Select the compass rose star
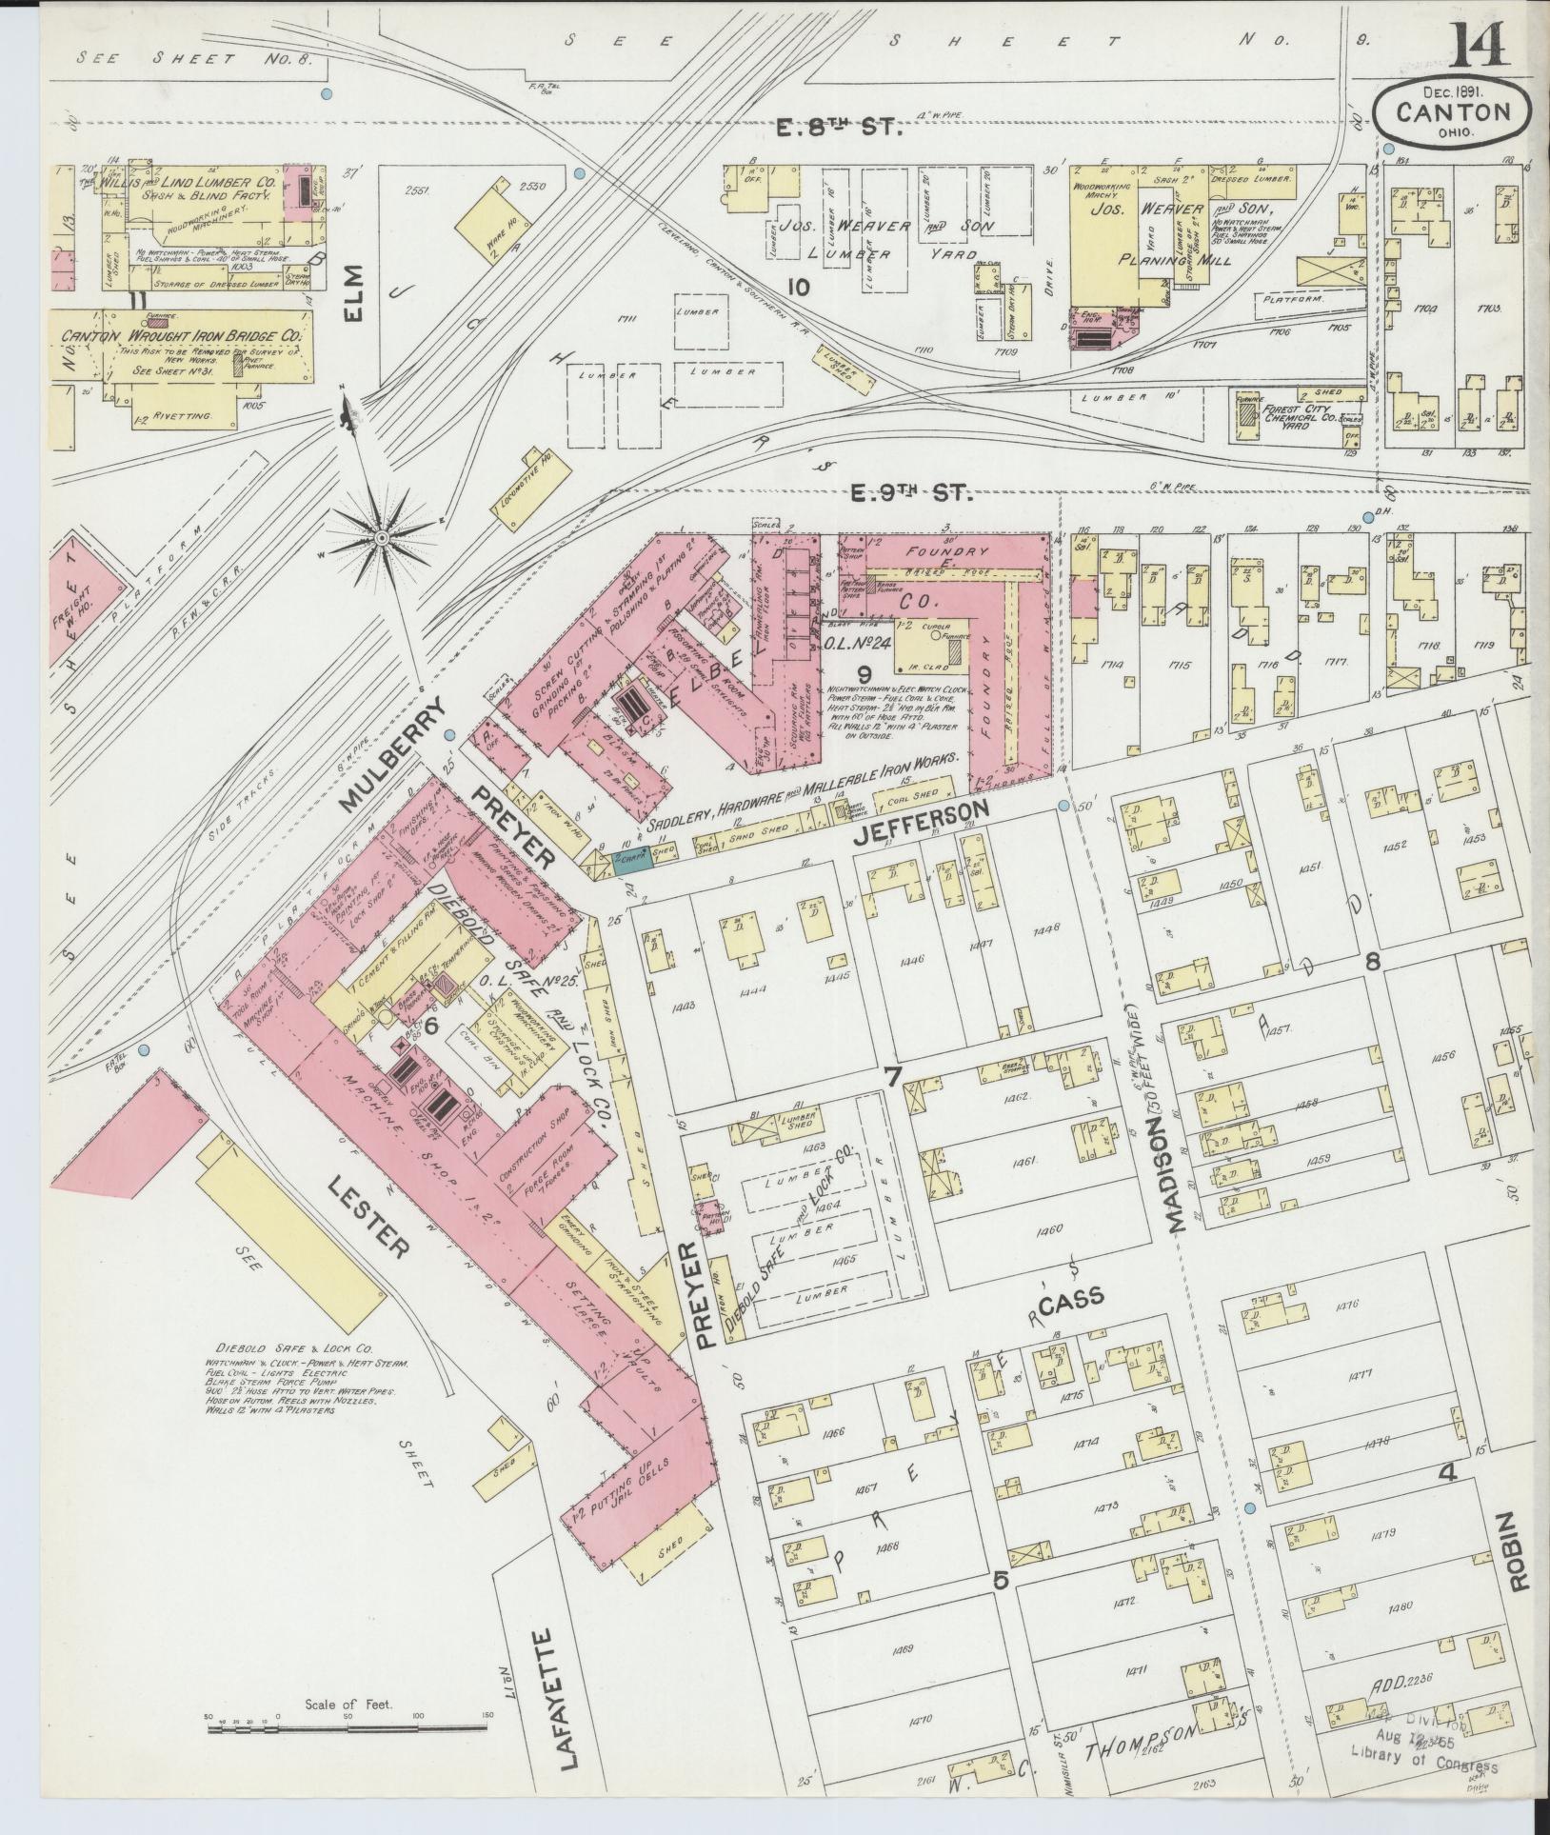[381, 538]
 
